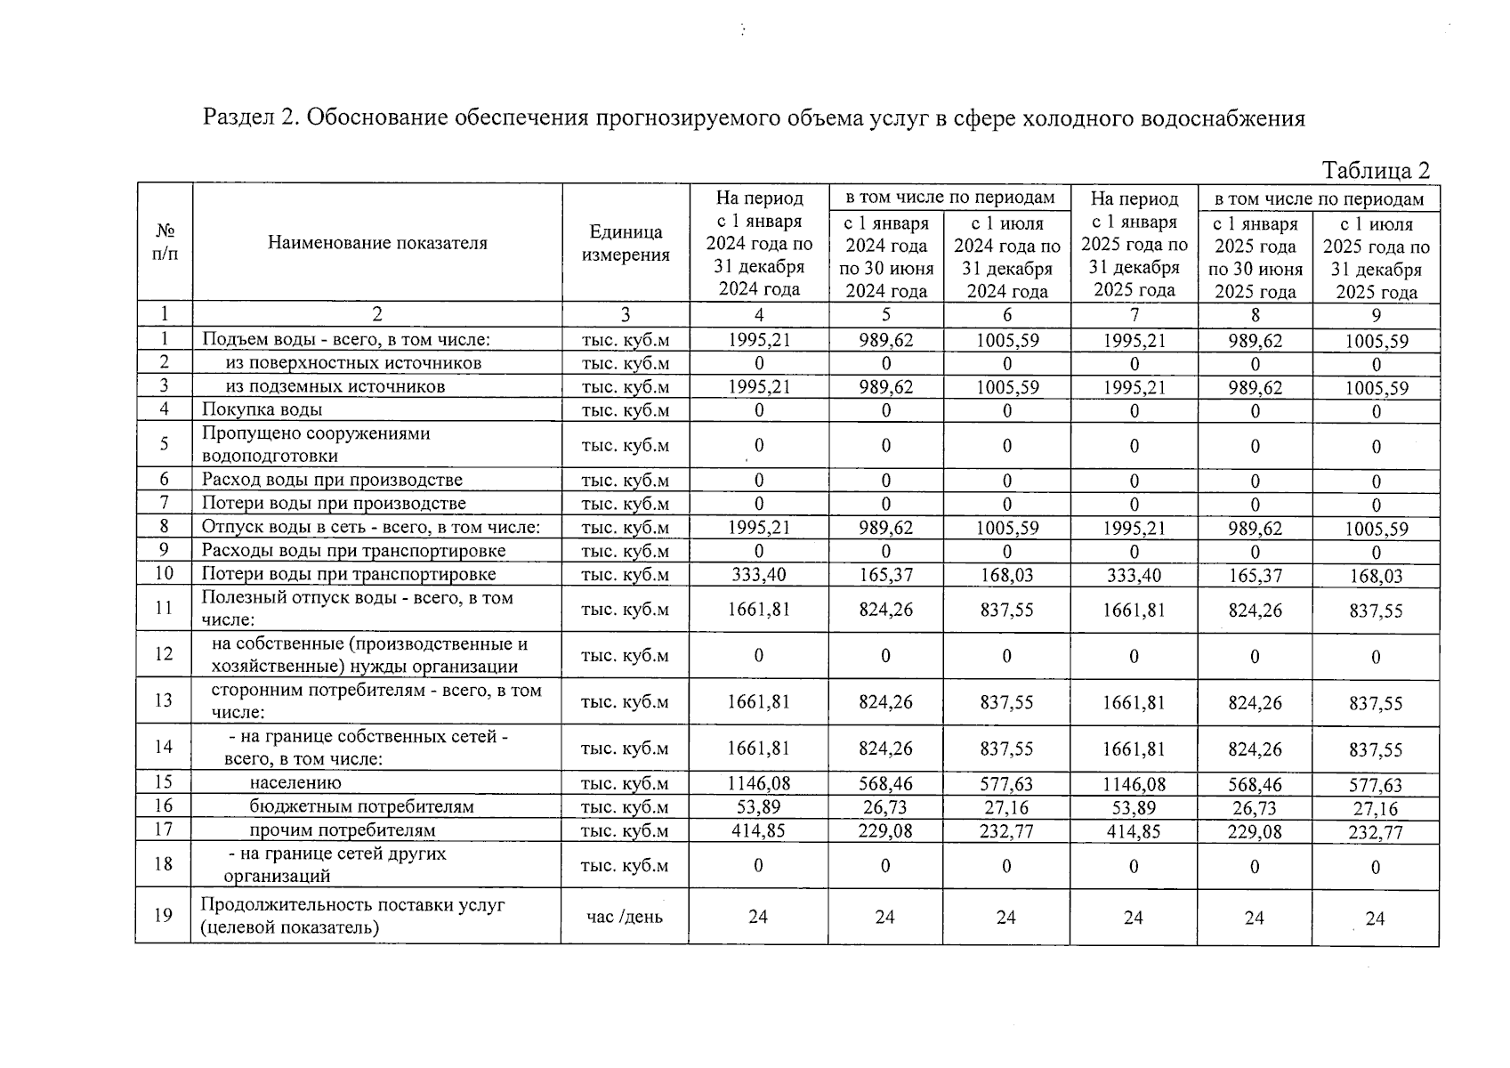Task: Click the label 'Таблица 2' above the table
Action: pyautogui.click(x=1375, y=170)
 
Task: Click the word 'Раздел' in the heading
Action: pyautogui.click(x=235, y=117)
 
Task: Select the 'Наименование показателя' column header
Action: pyautogui.click(x=377, y=243)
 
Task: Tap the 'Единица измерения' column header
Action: pyautogui.click(x=626, y=243)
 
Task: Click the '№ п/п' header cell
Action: pyautogui.click(x=165, y=242)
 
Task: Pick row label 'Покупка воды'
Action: pyautogui.click(x=262, y=409)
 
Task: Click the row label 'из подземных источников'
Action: pyautogui.click(x=335, y=386)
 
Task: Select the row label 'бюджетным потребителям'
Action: pyautogui.click(x=361, y=807)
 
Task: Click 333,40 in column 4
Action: pyautogui.click(x=758, y=575)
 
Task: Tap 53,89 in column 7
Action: pyautogui.click(x=1134, y=807)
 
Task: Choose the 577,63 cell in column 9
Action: pyautogui.click(x=1376, y=785)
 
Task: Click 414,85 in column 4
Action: pyautogui.click(x=758, y=830)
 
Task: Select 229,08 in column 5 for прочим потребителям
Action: pyautogui.click(x=885, y=830)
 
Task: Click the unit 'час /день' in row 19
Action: pyautogui.click(x=625, y=917)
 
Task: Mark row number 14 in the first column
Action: pyautogui.click(x=164, y=747)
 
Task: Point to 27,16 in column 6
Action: pyautogui.click(x=1006, y=807)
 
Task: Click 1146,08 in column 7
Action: pyautogui.click(x=1134, y=784)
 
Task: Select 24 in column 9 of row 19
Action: pyautogui.click(x=1375, y=918)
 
